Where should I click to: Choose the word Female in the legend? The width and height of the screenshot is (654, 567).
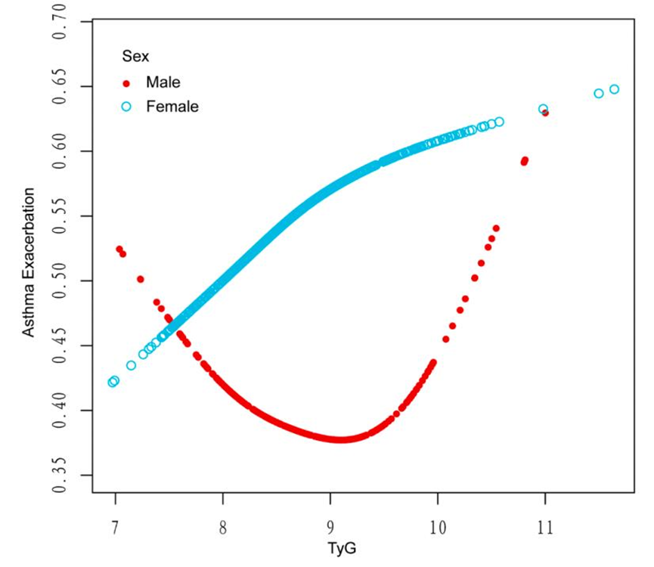click(x=172, y=107)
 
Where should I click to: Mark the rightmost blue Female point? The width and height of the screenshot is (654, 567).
click(x=614, y=89)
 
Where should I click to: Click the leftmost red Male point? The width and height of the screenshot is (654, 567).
click(x=119, y=249)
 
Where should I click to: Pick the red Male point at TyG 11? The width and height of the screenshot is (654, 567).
click(x=545, y=113)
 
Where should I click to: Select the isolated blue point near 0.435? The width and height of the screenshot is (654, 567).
click(x=132, y=365)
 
